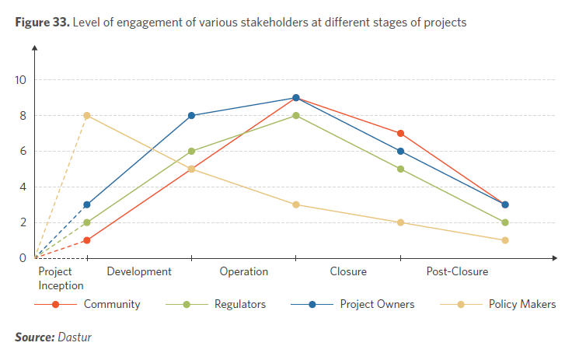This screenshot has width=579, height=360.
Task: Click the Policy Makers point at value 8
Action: point(87,116)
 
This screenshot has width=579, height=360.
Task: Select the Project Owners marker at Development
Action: point(191,116)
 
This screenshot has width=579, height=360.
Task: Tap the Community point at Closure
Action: point(401,134)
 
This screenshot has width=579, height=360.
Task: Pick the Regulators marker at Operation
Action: point(296,116)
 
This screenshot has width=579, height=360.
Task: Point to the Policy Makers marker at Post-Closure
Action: point(505,240)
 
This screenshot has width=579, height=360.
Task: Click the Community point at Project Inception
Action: point(87,240)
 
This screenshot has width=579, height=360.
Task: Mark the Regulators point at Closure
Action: point(401,169)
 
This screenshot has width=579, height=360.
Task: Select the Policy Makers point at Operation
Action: point(296,204)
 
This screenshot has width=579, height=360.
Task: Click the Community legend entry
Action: point(112,304)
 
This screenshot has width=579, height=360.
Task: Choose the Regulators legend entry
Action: point(239,304)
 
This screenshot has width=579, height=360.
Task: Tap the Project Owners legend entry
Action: point(377,304)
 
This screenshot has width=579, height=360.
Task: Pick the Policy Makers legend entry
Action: point(521,304)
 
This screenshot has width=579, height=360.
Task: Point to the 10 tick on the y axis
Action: point(20,80)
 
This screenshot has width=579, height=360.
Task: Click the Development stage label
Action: point(139,272)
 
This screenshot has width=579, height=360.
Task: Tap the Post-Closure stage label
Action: point(458,272)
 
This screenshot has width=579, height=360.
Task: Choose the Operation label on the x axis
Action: point(243,272)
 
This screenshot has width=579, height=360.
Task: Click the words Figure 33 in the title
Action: point(41,23)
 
